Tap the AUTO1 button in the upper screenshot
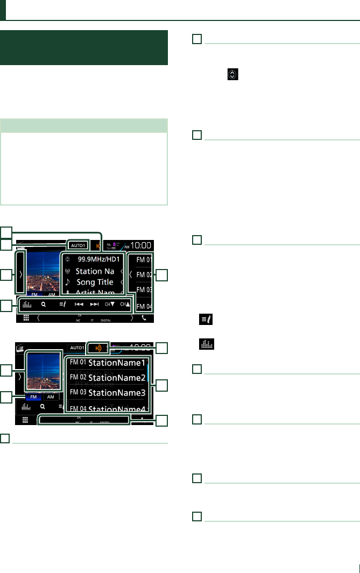[x=78, y=245]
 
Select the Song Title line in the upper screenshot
[x=95, y=282]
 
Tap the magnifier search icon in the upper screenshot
[x=43, y=303]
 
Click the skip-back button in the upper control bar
[x=79, y=303]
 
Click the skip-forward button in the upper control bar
[x=94, y=303]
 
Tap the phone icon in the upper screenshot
[x=144, y=318]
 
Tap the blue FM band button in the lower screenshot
[x=32, y=396]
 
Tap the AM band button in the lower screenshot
[x=50, y=396]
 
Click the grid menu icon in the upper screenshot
[x=25, y=318]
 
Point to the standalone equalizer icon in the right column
[x=205, y=348]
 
